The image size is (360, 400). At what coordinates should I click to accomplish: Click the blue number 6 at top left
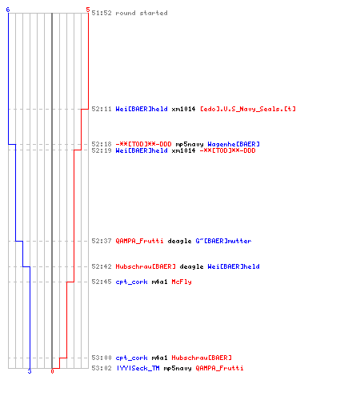click(8, 10)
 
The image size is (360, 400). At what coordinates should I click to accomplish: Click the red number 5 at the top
click(88, 10)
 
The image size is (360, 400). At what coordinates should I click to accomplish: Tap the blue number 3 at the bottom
click(30, 371)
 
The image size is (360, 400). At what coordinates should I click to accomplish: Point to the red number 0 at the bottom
click(52, 371)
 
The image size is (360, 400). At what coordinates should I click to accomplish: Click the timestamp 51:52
click(102, 13)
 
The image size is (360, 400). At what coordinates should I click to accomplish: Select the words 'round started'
click(142, 13)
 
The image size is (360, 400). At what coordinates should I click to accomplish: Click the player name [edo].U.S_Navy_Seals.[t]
click(248, 109)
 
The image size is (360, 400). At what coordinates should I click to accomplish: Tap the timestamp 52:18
click(102, 144)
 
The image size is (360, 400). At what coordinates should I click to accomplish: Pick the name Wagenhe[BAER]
click(234, 144)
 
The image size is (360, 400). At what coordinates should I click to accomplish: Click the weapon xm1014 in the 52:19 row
click(183, 150)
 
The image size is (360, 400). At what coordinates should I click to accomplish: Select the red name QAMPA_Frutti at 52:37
click(139, 241)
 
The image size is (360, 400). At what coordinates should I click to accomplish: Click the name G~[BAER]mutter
click(223, 241)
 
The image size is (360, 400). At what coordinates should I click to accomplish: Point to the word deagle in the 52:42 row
click(191, 266)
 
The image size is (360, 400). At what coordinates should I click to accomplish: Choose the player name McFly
click(182, 282)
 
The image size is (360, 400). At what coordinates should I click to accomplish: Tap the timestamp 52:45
click(102, 282)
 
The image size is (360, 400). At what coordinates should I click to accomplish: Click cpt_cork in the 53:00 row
click(131, 358)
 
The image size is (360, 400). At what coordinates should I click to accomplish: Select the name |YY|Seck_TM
click(138, 368)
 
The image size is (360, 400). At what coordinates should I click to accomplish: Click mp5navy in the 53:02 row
click(178, 368)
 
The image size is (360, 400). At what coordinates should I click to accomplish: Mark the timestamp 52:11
click(102, 109)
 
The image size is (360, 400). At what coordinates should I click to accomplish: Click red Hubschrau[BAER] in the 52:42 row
click(146, 266)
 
